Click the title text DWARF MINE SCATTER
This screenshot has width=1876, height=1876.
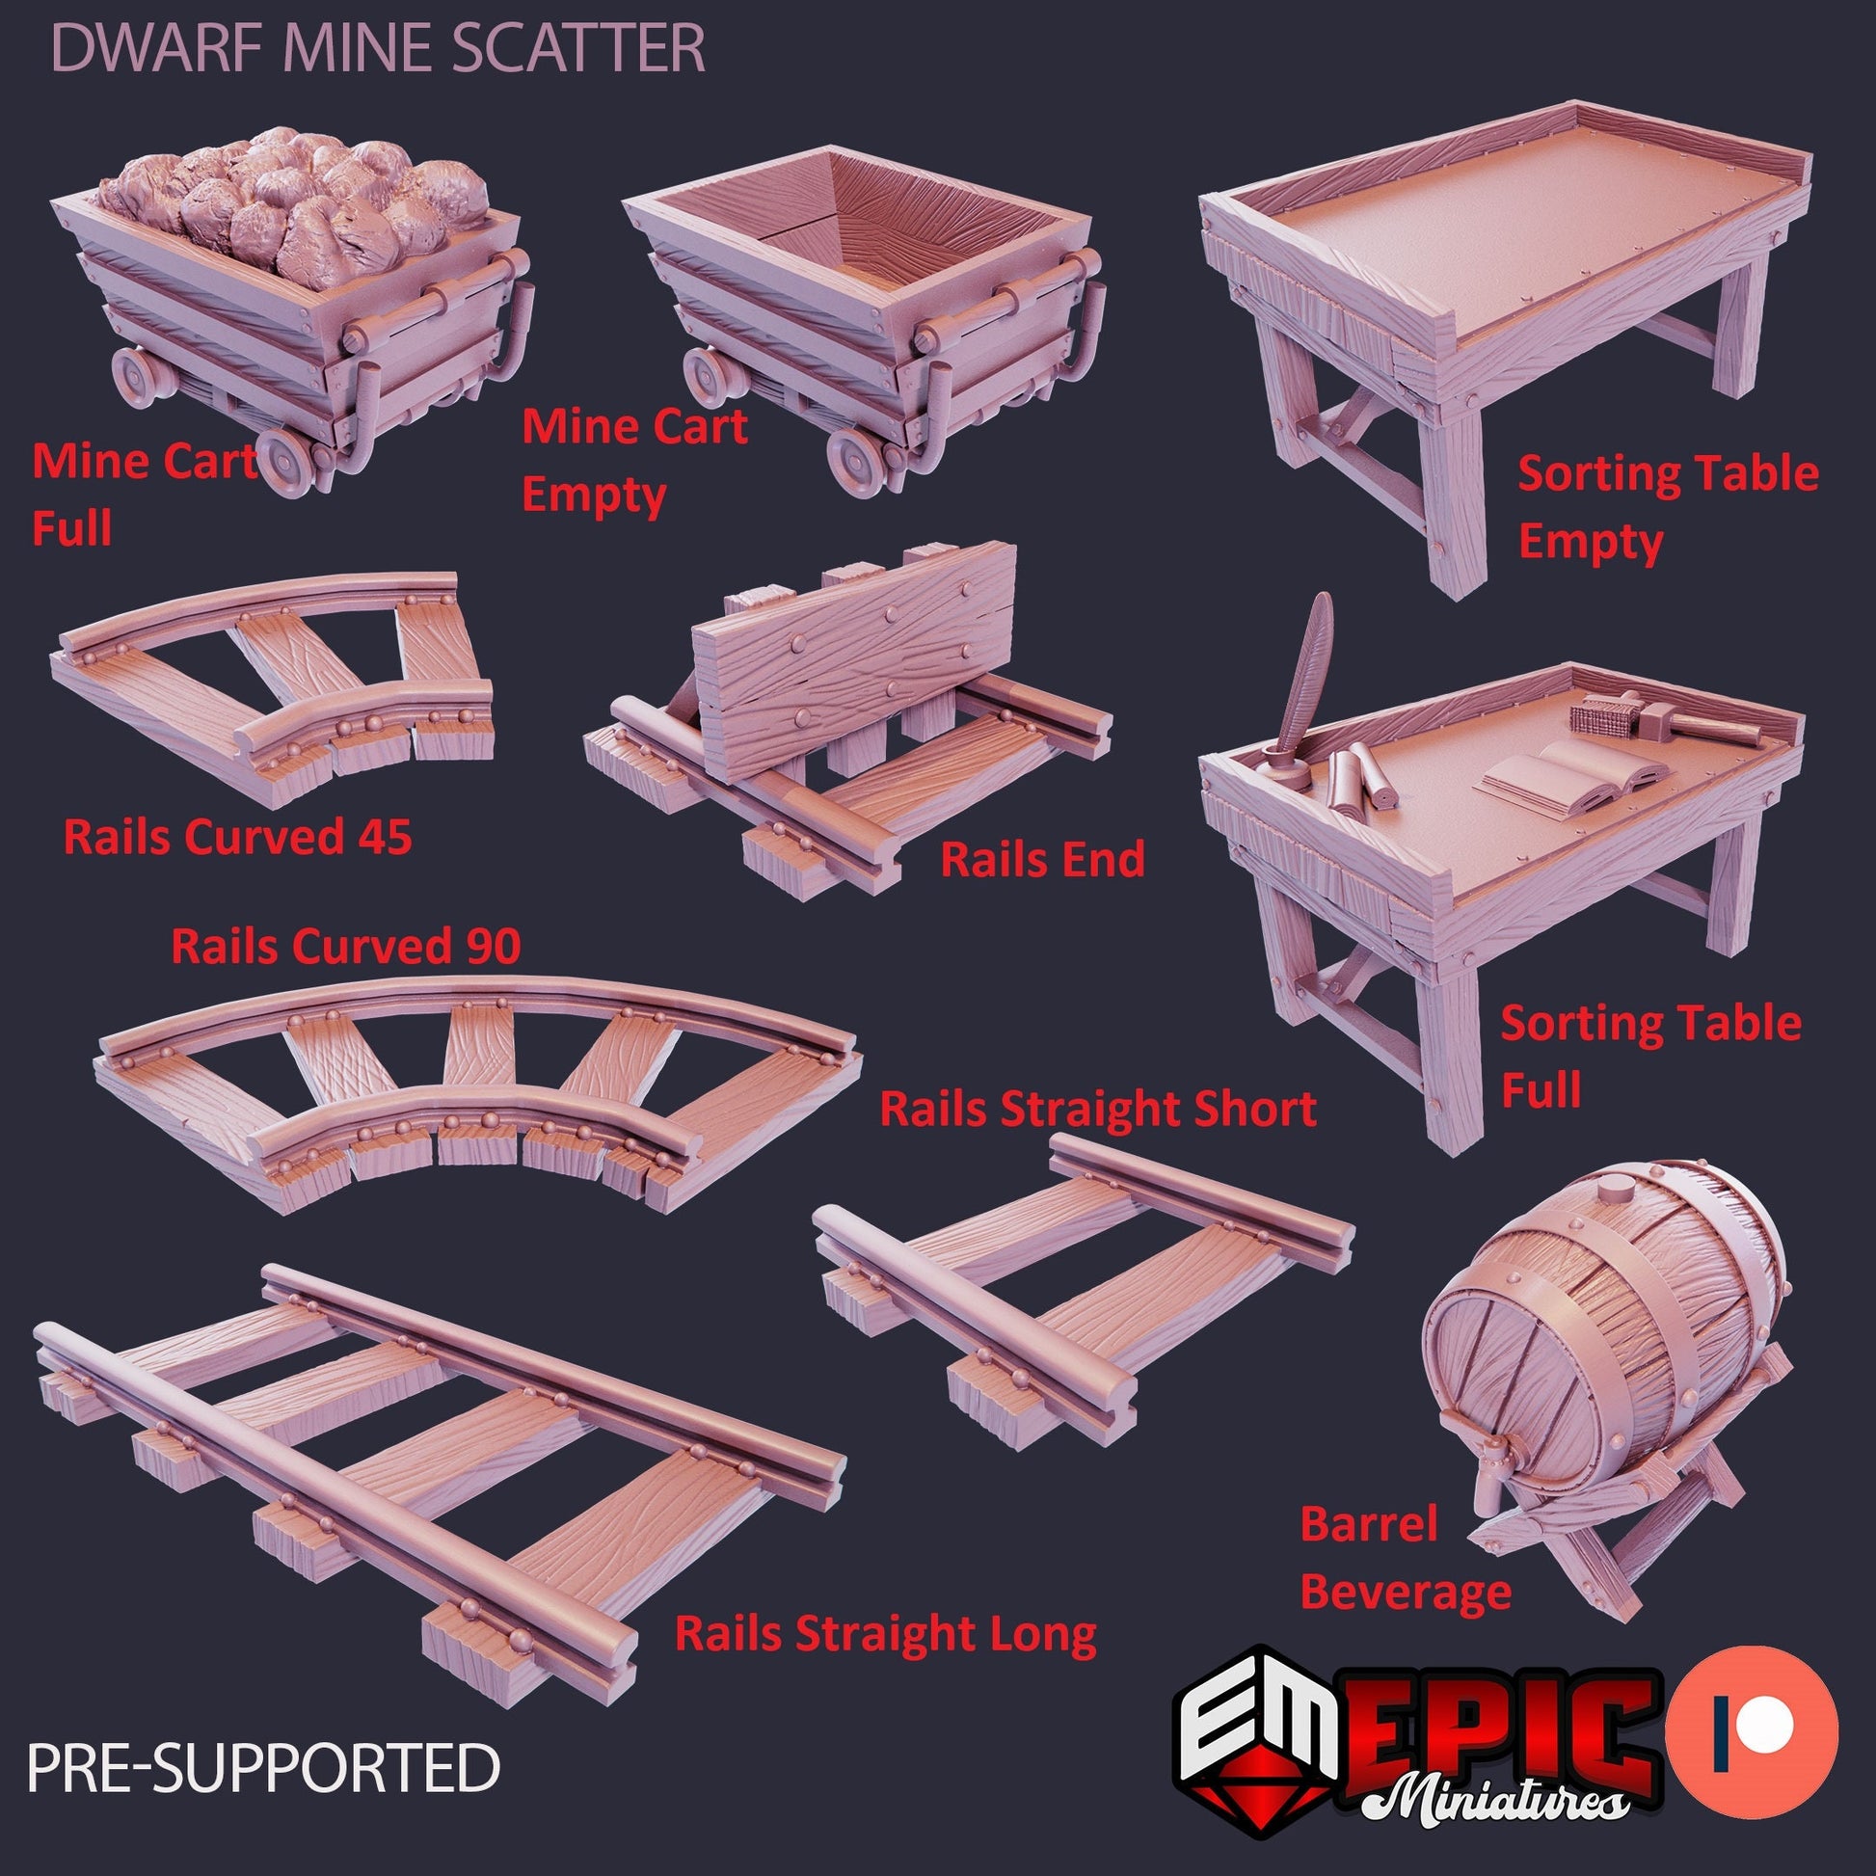[378, 48]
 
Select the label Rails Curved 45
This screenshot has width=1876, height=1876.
[238, 837]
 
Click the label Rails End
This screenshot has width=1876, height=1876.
[1043, 860]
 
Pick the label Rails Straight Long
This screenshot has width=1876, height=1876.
[886, 1633]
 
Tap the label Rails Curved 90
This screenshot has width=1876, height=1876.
[346, 946]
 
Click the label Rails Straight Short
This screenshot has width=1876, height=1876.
[1097, 1109]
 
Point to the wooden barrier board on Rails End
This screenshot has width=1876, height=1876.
[854, 660]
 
